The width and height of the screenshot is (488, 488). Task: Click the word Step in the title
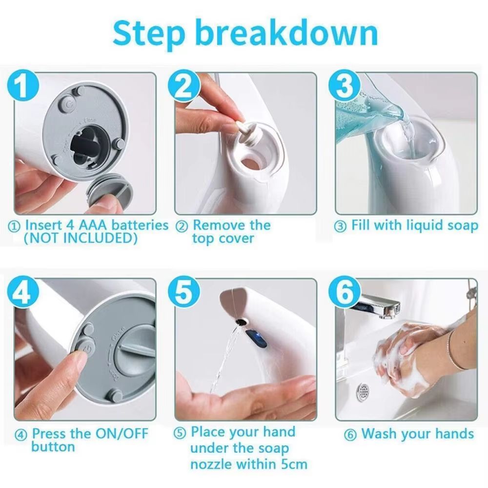(148, 33)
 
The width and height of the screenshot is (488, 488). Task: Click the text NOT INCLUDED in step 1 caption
(81, 239)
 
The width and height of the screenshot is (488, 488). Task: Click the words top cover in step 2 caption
(223, 239)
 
